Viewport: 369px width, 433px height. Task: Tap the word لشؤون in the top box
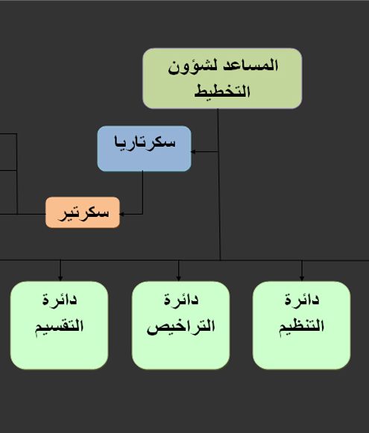[x=192, y=67]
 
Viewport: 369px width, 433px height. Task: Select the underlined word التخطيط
[x=222, y=91]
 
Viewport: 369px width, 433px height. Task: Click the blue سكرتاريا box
[x=144, y=148]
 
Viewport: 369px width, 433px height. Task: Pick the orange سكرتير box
[x=83, y=212]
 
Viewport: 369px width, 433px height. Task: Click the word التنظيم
[x=301, y=326]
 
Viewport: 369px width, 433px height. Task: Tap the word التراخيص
[x=181, y=326]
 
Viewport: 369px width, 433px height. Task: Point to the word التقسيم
[x=59, y=326]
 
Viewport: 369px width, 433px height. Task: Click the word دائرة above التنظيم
[x=302, y=299]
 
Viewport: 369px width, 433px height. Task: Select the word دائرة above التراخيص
[x=181, y=299]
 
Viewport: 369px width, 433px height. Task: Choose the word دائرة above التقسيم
[x=60, y=299]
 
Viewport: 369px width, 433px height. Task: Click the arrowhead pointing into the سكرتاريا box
[x=193, y=151]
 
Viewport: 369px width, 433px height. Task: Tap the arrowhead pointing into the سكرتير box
[x=122, y=214]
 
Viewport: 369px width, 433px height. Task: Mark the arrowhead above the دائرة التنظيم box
[x=302, y=279]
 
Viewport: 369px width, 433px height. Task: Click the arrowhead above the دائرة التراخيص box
[x=179, y=279]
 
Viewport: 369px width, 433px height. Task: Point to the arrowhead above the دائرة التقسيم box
[x=60, y=279]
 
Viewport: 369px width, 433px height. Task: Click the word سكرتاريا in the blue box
[x=145, y=142]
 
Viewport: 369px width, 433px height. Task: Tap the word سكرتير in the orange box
[x=83, y=213]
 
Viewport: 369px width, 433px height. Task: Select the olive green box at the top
[x=222, y=78]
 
